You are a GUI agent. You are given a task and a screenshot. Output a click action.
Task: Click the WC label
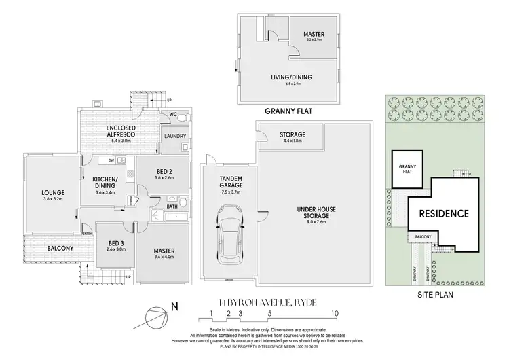[x=174, y=115]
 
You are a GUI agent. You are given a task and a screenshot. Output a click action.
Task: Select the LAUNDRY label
[x=175, y=136]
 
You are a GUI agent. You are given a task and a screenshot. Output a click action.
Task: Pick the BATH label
[x=174, y=206]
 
